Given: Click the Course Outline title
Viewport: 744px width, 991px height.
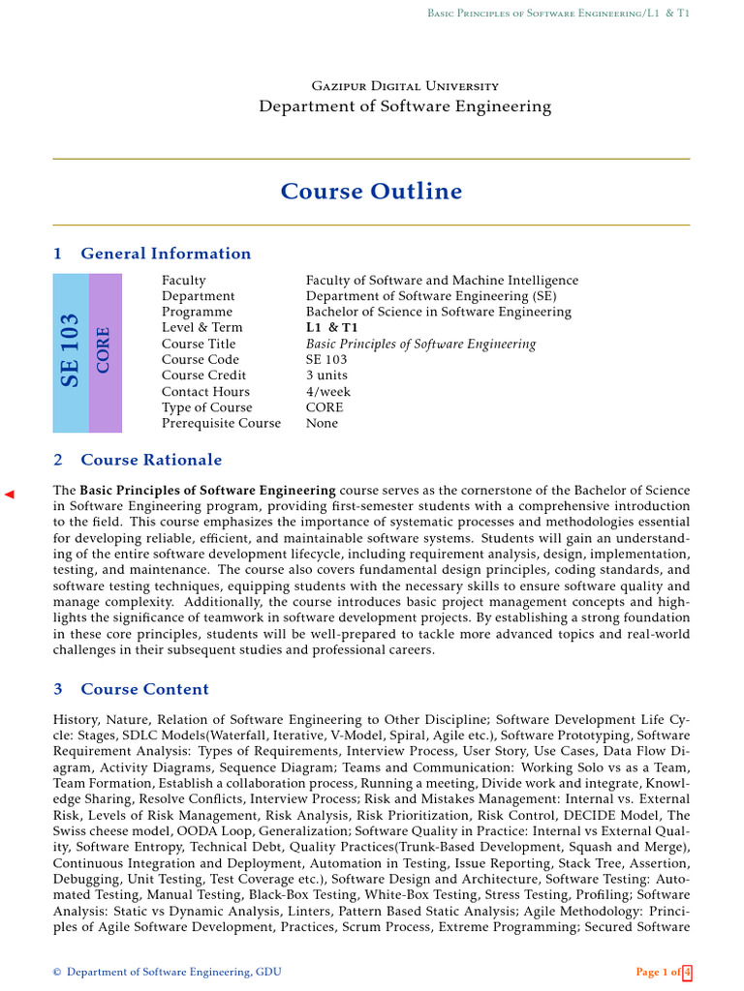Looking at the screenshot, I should pos(371,192).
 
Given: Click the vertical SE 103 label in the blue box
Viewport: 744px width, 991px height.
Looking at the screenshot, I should pos(70,350).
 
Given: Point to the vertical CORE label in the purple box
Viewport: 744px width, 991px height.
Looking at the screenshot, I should pos(104,350).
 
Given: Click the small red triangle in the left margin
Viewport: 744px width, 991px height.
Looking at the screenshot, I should pos(10,495).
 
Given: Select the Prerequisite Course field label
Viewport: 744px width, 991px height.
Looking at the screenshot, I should pos(221,423).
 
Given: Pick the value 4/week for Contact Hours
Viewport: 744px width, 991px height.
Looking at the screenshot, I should pos(328,391).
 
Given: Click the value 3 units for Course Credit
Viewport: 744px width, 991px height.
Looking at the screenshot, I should pos(326,375).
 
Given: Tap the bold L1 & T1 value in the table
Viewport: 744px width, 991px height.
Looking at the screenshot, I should pos(328,328).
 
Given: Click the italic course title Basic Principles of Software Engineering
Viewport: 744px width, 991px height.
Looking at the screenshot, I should pos(420,344).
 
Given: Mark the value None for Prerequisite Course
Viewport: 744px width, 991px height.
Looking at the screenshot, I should pos(322,423).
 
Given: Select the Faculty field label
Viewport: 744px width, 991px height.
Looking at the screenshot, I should pos(184,281).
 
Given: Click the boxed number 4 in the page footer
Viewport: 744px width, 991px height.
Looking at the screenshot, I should pos(687,972).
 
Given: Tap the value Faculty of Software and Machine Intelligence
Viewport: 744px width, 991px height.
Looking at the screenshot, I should pos(442,281).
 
